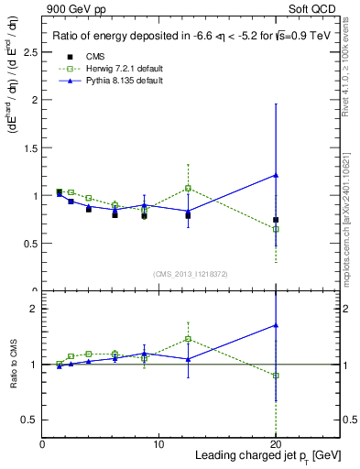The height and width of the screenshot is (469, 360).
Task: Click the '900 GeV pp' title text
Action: pyautogui.click(x=71, y=8)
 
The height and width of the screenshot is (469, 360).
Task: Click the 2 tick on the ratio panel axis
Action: pyautogui.click(x=34, y=309)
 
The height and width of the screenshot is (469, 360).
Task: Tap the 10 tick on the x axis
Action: pyautogui.click(x=158, y=444)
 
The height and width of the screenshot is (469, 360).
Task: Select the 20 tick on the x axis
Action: pyautogui.click(x=276, y=444)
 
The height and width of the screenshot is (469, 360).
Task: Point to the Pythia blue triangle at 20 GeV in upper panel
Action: pyautogui.click(x=276, y=175)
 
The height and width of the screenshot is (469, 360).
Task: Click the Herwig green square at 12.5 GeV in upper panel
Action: pyautogui.click(x=188, y=188)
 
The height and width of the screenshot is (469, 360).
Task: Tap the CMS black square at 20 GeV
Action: pyautogui.click(x=276, y=220)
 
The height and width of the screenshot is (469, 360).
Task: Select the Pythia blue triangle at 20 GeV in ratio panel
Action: pyautogui.click(x=276, y=325)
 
